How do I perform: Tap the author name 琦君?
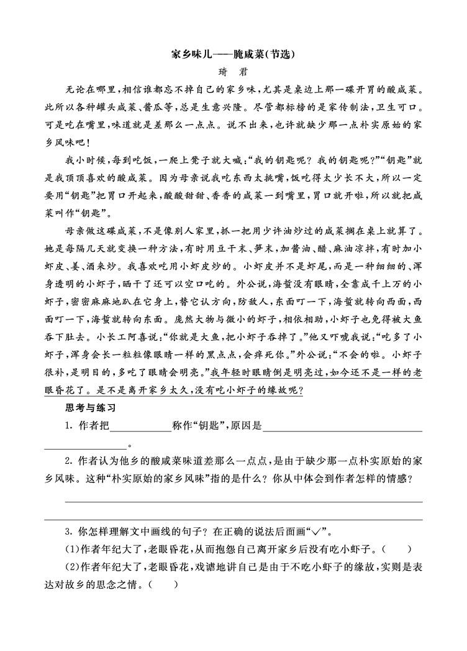(233, 72)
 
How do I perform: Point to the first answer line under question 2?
(244, 497)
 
